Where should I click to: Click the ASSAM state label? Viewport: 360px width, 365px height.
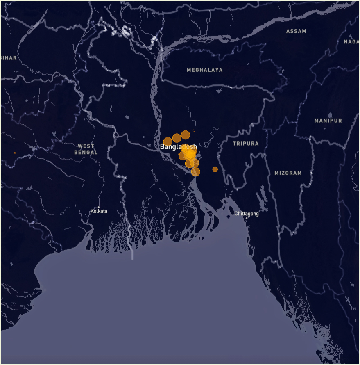tap(296, 31)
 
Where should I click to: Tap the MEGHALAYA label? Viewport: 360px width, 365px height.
tap(205, 70)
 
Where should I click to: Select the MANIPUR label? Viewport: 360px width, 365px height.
tap(328, 121)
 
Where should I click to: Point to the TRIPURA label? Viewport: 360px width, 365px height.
tap(246, 144)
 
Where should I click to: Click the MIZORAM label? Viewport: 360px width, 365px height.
tap(288, 173)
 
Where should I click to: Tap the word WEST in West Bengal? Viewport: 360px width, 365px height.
tap(86, 146)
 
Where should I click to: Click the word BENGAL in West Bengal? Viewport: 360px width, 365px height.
tap(86, 153)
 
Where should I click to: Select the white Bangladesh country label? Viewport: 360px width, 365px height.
tap(178, 146)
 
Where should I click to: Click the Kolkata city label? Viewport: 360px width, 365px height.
tap(99, 211)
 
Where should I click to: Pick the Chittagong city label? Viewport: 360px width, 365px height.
tap(247, 214)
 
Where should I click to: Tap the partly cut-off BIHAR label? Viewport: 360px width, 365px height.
tap(9, 58)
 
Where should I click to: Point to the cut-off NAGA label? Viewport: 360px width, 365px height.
tap(351, 42)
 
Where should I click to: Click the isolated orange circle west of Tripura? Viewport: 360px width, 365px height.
tap(215, 169)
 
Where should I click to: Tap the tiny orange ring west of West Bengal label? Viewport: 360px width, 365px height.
tap(15, 153)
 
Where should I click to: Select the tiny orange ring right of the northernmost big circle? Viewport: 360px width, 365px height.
tap(194, 131)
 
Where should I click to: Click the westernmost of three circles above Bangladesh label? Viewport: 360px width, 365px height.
tap(168, 141)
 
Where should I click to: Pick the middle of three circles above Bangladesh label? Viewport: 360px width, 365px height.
tap(177, 137)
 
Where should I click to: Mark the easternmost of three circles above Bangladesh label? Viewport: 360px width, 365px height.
tap(186, 135)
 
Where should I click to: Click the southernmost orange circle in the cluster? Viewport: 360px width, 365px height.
tap(196, 171)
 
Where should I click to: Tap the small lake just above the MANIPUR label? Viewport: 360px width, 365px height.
tap(330, 115)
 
